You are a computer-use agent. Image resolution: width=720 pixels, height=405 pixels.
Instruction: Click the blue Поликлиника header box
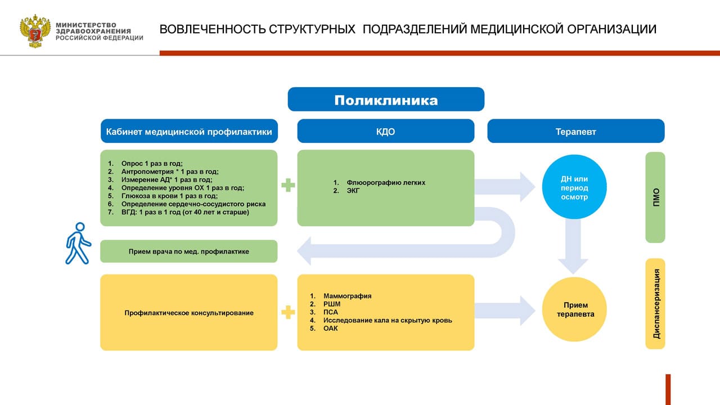pos(386,100)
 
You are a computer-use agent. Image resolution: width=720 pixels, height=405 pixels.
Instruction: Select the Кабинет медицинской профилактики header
pos(189,132)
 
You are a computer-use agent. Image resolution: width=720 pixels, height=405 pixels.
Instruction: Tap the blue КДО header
pos(386,132)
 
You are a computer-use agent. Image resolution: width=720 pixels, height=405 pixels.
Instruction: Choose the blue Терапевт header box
pos(575,132)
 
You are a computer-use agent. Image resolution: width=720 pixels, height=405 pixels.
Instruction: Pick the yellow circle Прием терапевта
pos(574,310)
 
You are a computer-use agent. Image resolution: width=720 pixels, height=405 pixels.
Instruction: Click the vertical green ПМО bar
pos(655,197)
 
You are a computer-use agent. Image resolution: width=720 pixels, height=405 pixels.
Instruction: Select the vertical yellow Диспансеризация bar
pos(655,303)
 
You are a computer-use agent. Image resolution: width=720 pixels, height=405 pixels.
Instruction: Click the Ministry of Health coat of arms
pos(35,31)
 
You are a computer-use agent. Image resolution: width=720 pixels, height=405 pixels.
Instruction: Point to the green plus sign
pos(288,185)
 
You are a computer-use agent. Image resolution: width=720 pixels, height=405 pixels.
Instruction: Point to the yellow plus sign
pos(288,312)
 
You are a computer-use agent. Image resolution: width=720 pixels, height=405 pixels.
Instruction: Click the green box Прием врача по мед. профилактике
pos(189,251)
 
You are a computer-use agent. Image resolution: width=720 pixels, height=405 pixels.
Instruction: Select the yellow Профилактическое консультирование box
pos(189,313)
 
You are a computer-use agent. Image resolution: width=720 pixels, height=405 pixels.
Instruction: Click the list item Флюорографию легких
pos(386,183)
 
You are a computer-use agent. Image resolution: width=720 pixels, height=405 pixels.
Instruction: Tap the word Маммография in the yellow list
pos(348,296)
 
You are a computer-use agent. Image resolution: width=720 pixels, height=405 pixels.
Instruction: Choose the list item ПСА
pos(331,312)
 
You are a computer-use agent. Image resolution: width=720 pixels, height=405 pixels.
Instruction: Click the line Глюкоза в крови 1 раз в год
pos(169,196)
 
